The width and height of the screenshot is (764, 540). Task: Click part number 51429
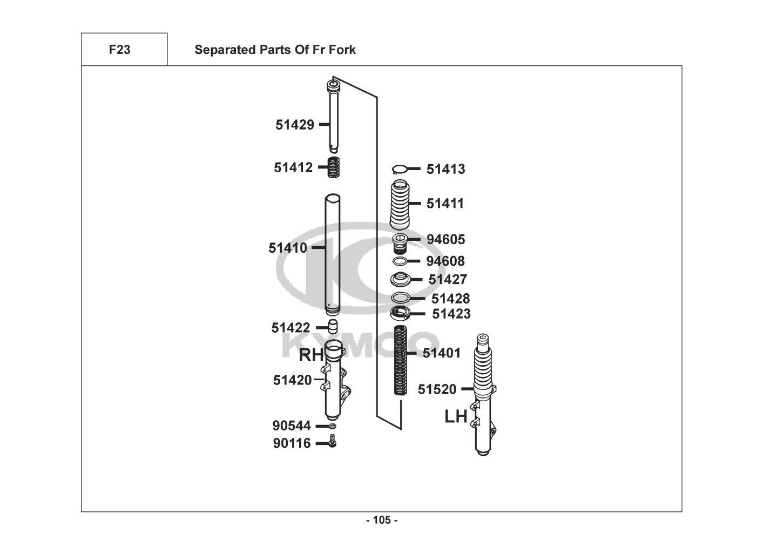click(295, 125)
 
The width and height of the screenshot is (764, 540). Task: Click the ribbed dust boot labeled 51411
click(400, 205)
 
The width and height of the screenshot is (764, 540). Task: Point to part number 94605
click(445, 239)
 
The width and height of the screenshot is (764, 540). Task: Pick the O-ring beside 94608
click(400, 261)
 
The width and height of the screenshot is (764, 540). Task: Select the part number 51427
click(448, 280)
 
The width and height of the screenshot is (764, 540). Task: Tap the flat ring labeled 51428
click(400, 298)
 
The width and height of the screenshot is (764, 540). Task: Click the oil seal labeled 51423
click(401, 313)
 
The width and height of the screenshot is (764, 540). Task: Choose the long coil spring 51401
click(400, 361)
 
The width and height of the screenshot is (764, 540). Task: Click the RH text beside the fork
click(312, 355)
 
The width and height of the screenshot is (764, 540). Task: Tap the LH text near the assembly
click(456, 417)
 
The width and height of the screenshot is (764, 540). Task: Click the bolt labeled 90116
click(333, 442)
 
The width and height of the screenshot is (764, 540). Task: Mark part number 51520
click(437, 389)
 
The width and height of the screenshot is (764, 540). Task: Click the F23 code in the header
click(119, 50)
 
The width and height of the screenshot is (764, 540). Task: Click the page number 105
click(382, 520)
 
